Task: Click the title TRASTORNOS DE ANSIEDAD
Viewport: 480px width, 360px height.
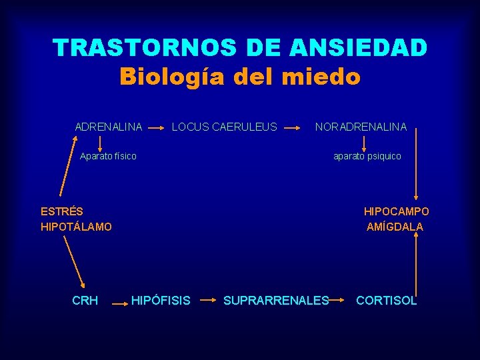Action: pos(240,48)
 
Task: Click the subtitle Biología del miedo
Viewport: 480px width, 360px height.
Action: pos(240,77)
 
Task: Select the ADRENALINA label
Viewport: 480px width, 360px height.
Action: pos(109,127)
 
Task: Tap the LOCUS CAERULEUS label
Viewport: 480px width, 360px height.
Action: pos(225,127)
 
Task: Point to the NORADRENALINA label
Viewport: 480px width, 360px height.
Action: pos(361,127)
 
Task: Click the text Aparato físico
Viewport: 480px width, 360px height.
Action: pos(108,156)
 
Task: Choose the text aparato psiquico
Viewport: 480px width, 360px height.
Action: pos(367,156)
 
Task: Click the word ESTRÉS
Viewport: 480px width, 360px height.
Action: pos(62,211)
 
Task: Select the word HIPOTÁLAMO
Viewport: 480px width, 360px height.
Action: pos(76,227)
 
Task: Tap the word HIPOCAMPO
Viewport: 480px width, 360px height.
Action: pos(396,211)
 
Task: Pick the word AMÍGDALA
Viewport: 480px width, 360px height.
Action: pos(395,227)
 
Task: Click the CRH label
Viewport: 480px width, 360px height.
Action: pos(85,301)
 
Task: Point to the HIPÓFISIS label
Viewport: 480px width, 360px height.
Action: pos(161,301)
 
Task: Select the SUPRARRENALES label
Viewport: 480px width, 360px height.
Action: pos(276,301)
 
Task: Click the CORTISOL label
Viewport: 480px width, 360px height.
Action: pos(387,301)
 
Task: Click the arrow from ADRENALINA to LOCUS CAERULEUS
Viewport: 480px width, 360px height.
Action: pos(157,125)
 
